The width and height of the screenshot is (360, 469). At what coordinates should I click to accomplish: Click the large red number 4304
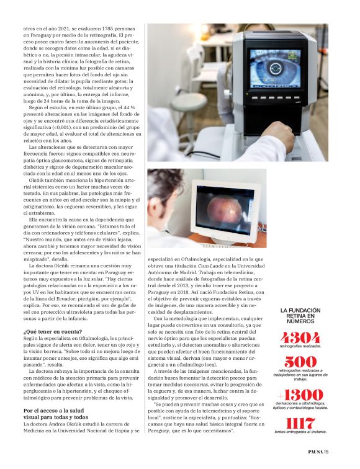click(300, 339)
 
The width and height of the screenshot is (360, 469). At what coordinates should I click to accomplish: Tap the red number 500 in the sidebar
click(300, 362)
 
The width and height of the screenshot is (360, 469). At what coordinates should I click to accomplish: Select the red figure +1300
click(300, 395)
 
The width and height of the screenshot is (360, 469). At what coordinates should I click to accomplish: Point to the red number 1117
click(300, 424)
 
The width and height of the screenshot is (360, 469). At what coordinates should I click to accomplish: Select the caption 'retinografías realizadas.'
click(300, 347)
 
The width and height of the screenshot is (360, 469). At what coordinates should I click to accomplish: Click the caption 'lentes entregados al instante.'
click(300, 432)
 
